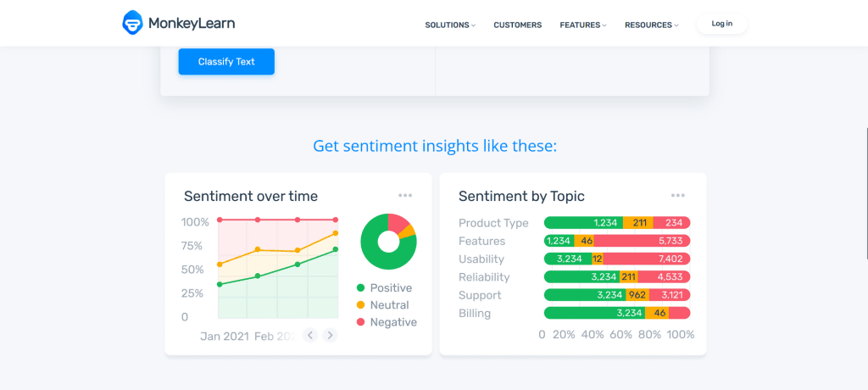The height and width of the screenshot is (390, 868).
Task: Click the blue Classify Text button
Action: pyautogui.click(x=226, y=62)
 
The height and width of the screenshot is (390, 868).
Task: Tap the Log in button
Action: pyautogui.click(x=721, y=24)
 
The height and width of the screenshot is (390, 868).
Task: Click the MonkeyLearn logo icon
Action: pyautogui.click(x=133, y=24)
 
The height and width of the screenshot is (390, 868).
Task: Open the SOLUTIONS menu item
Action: pyautogui.click(x=449, y=25)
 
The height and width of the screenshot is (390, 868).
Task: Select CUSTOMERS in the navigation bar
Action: pyautogui.click(x=517, y=25)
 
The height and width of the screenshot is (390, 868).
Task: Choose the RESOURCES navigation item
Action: pyautogui.click(x=651, y=25)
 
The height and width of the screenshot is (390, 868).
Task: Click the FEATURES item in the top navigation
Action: pyautogui.click(x=582, y=25)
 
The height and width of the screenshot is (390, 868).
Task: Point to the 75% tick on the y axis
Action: pyautogui.click(x=192, y=246)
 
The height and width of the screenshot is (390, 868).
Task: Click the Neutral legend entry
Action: pyautogui.click(x=388, y=305)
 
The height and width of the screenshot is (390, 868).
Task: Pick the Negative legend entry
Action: pyautogui.click(x=392, y=322)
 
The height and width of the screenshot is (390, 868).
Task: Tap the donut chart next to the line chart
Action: pyautogui.click(x=388, y=242)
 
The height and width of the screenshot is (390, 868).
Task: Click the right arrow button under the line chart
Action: pyautogui.click(x=331, y=335)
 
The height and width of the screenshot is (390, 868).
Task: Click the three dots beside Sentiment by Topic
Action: pyautogui.click(x=678, y=196)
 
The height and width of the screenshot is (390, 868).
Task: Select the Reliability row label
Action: pyautogui.click(x=484, y=277)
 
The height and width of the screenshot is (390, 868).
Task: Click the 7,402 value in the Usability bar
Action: pyautogui.click(x=669, y=259)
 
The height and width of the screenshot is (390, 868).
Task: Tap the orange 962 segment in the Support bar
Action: pyautogui.click(x=637, y=295)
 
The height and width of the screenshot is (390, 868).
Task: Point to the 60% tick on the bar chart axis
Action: pyautogui.click(x=620, y=335)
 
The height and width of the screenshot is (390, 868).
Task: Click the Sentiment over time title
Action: pyautogui.click(x=251, y=197)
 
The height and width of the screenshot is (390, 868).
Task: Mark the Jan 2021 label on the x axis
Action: pyautogui.click(x=225, y=337)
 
